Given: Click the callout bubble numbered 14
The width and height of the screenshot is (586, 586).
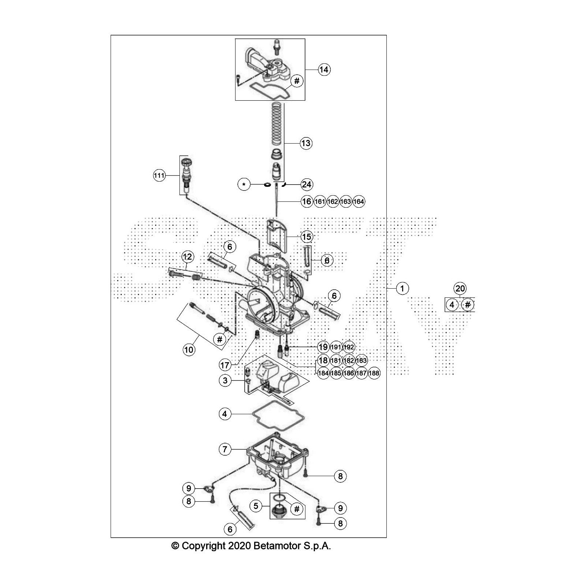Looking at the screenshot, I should click(x=324, y=69).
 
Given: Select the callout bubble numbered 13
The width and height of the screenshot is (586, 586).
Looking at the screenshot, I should click(x=306, y=143).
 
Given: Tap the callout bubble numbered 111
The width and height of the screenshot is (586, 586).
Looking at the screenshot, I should click(x=159, y=176).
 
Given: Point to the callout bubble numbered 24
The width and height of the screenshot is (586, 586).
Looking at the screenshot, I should click(x=307, y=184).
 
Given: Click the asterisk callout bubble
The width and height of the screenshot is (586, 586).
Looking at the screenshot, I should click(x=244, y=184).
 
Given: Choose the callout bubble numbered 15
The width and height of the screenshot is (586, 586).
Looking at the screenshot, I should click(x=307, y=237).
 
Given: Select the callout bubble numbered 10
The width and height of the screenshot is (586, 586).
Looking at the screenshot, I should click(x=189, y=350).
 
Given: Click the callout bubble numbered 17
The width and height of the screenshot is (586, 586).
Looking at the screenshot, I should click(x=225, y=365).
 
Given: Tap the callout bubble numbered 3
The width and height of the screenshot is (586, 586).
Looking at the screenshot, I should click(x=225, y=381).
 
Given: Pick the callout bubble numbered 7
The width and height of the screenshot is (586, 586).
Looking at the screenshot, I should click(x=225, y=449).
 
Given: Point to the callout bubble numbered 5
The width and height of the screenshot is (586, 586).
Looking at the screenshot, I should click(x=256, y=506).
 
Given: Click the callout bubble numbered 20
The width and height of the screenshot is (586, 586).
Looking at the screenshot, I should click(x=460, y=289).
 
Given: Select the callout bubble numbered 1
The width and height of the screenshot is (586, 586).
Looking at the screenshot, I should click(x=402, y=289).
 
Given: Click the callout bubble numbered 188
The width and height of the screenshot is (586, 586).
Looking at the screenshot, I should click(x=374, y=373).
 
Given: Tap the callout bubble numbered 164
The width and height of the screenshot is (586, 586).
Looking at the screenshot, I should click(x=359, y=201).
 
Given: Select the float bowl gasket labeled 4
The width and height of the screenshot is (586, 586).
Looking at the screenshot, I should click(x=278, y=415).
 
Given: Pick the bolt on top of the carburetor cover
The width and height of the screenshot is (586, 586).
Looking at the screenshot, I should click(x=277, y=47).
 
